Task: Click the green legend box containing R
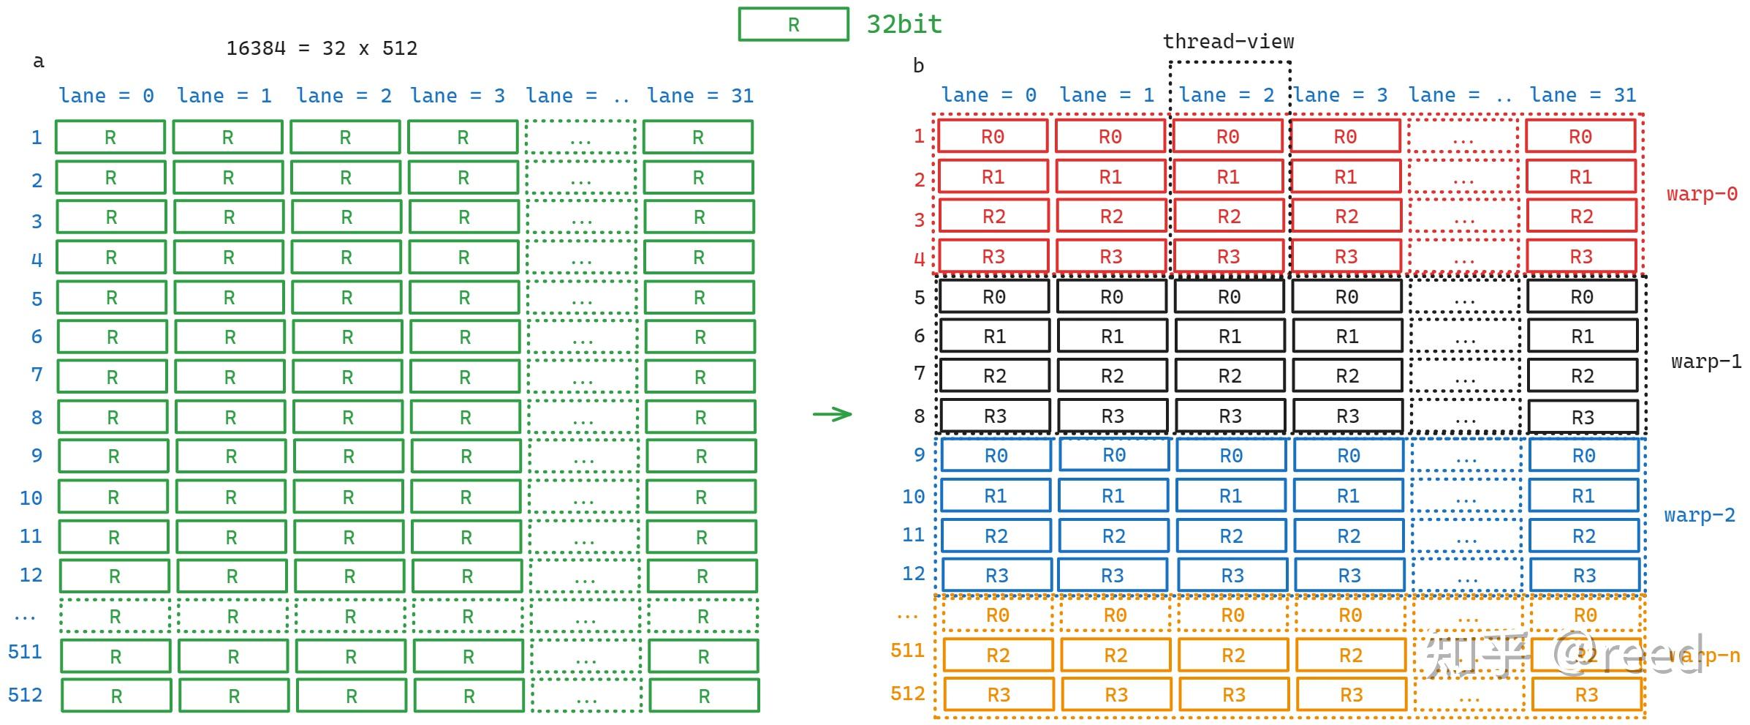click(793, 24)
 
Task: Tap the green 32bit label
click(904, 24)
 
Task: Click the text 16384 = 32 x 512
click(322, 48)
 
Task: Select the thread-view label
click(1228, 42)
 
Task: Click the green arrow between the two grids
click(833, 414)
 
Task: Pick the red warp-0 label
click(1701, 195)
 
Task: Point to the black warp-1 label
click(1705, 362)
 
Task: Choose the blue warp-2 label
click(1699, 516)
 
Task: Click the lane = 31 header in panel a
click(700, 96)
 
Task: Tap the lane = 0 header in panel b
click(988, 95)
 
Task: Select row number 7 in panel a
click(37, 375)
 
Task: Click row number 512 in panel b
click(907, 694)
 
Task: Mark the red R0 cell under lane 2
click(1227, 137)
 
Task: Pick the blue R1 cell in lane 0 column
click(996, 496)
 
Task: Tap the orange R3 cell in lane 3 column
click(1351, 695)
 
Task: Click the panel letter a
click(39, 61)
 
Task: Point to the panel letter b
click(918, 67)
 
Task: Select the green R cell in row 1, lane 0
click(110, 138)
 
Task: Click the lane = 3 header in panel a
click(458, 96)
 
